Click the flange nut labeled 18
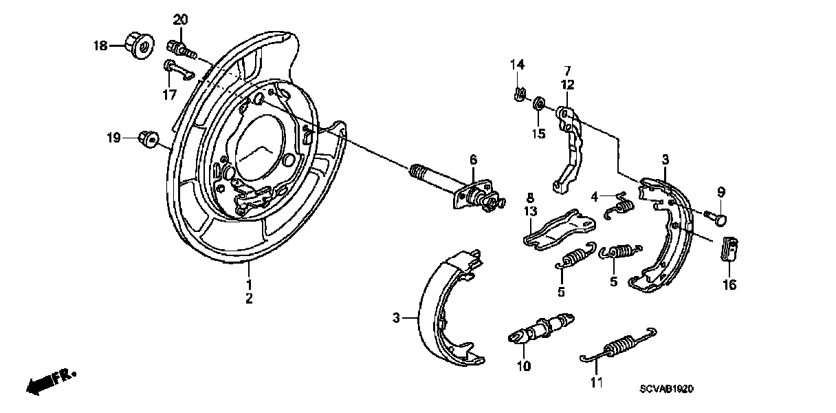[x=141, y=47]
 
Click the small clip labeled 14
[x=520, y=93]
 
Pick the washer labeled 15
[x=540, y=105]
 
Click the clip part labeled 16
[x=729, y=251]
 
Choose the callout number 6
[x=473, y=160]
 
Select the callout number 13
[x=530, y=211]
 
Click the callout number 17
[x=169, y=96]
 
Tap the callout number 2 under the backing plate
[x=249, y=299]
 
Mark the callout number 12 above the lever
[x=567, y=85]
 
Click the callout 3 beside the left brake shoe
[x=396, y=317]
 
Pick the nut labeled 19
[x=145, y=138]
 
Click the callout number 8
[x=530, y=197]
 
